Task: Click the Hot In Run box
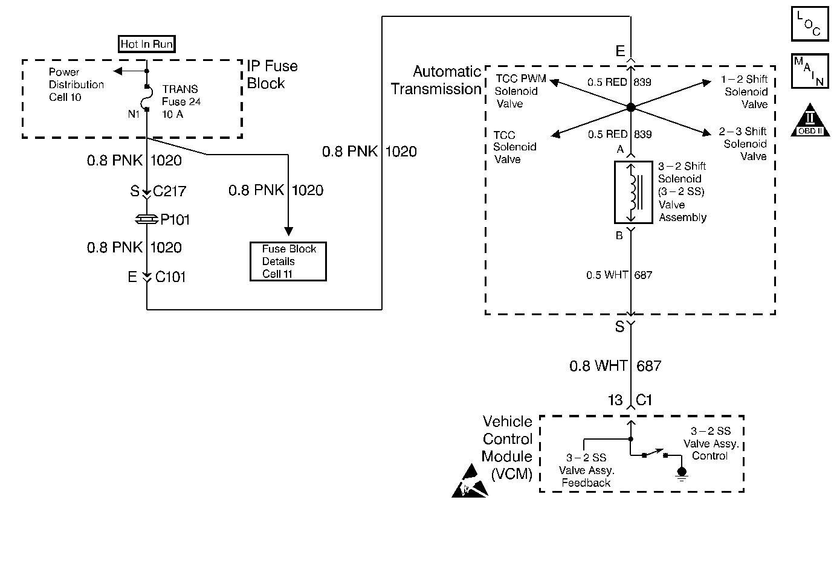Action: click(147, 44)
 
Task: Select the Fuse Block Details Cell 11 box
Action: click(288, 261)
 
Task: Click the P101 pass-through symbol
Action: click(147, 220)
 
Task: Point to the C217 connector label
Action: click(170, 191)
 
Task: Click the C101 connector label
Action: click(170, 277)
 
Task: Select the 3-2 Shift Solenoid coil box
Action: click(633, 192)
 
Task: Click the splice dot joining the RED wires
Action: click(630, 107)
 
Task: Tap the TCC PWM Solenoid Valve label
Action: click(519, 91)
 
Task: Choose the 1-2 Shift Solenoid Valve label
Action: click(745, 92)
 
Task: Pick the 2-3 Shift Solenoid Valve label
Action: click(745, 144)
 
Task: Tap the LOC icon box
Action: click(809, 24)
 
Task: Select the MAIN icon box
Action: click(809, 71)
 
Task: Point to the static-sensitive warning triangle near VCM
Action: click(469, 483)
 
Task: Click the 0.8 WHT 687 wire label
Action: click(615, 366)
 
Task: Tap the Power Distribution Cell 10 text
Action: click(76, 85)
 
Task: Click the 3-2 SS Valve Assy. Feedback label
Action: click(586, 470)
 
